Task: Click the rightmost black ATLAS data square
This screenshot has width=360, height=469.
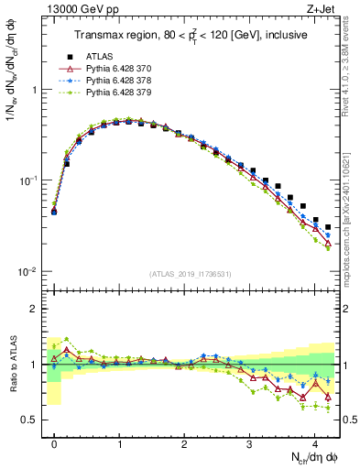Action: (x=328, y=227)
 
